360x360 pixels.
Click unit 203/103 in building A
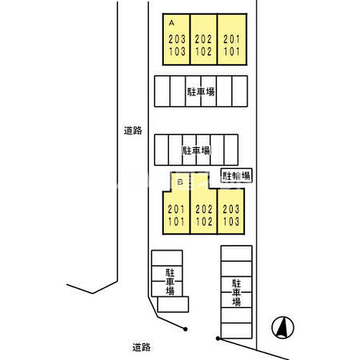coord(176,45)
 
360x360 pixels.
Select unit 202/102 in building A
coord(204,45)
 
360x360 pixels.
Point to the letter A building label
coord(172,22)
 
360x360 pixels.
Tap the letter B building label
coord(180,182)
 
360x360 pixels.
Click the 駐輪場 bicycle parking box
coord(237,176)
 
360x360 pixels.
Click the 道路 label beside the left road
coord(133,131)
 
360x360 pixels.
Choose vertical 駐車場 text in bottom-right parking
coord(237,292)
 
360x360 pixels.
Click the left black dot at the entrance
coord(185,329)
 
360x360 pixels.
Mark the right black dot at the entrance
coord(218,338)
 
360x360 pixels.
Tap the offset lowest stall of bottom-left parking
coord(173,304)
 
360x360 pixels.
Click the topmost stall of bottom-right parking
coord(237,253)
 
